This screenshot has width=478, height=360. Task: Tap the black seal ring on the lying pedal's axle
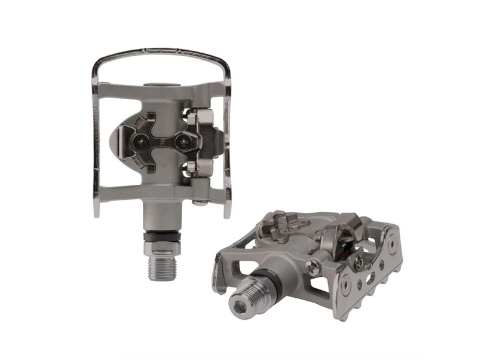coord(269,280)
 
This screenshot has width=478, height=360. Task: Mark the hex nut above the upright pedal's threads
coord(161,244)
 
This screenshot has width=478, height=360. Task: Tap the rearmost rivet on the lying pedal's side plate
coord(391,245)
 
